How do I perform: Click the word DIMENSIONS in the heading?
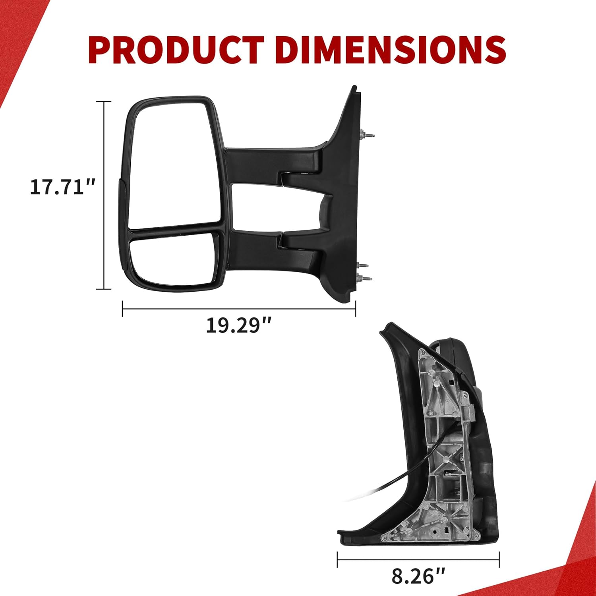tap(390, 50)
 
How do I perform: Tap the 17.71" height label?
tap(63, 187)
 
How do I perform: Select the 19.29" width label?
tap(238, 325)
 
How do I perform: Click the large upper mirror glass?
tap(175, 163)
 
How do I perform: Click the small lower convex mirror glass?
tap(173, 258)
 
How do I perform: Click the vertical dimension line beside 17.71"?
tap(104, 195)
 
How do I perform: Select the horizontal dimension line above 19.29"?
tap(238, 309)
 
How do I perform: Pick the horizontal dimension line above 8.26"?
tap(418, 560)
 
